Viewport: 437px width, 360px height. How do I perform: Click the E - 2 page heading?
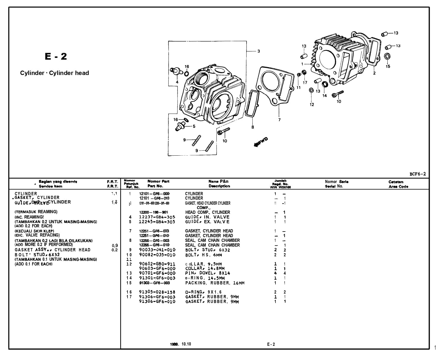(56, 56)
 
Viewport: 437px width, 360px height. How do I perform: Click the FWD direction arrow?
(261, 142)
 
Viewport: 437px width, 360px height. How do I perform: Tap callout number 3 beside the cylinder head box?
(259, 51)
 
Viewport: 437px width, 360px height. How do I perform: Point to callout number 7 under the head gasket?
(279, 120)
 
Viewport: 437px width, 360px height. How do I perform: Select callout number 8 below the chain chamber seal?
(253, 127)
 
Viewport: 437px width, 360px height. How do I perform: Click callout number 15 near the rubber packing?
(388, 66)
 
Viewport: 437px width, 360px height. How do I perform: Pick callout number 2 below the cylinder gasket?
(374, 73)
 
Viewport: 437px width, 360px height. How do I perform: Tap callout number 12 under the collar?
(312, 105)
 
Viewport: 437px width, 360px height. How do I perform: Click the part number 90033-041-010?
(157, 250)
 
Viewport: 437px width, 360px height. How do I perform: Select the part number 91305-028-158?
(157, 292)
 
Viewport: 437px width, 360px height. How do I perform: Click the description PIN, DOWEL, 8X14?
(208, 273)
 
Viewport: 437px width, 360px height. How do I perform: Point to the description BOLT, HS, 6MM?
(203, 255)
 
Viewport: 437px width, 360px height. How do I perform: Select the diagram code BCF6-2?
(418, 174)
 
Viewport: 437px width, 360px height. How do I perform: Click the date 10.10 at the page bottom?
(186, 344)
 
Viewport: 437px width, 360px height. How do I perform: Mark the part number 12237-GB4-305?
(157, 217)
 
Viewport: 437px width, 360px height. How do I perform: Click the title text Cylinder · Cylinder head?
(54, 73)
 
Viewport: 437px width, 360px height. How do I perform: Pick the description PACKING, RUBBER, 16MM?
(215, 283)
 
